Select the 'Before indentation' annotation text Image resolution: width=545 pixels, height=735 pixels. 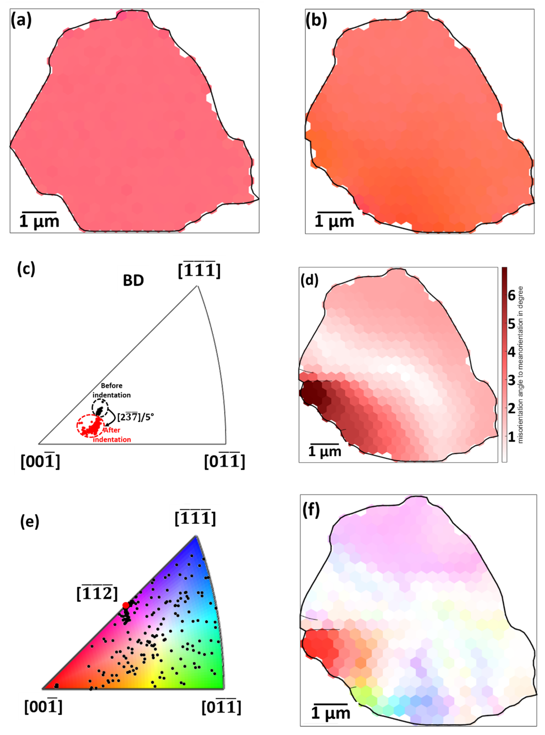112,390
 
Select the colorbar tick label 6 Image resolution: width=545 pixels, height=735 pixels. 512,296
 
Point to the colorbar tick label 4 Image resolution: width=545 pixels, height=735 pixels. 512,352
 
